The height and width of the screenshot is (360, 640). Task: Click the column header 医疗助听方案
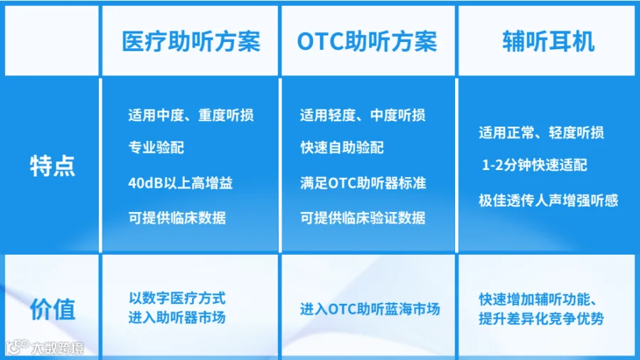(191, 42)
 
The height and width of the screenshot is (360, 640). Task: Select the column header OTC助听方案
(367, 42)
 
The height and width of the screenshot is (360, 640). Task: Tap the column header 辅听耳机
(548, 42)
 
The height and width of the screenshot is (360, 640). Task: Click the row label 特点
(52, 166)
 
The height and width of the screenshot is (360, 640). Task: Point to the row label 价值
(52, 309)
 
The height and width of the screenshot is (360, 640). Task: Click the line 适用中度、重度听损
(191, 115)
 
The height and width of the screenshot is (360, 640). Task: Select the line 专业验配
(156, 147)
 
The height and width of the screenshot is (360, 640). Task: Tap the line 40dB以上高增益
(181, 183)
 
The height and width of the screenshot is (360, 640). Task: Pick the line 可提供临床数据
(177, 218)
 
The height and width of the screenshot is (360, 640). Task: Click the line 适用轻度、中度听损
(363, 115)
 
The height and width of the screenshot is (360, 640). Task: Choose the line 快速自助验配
(342, 147)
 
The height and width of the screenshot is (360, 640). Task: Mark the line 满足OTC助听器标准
(363, 183)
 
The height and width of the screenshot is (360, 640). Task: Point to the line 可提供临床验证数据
(363, 218)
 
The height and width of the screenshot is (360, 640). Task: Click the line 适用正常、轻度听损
(541, 132)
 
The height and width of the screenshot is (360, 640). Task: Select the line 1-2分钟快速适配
(535, 165)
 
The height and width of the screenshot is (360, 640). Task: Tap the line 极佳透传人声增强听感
(548, 201)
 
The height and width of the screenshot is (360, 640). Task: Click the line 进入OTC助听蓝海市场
(370, 309)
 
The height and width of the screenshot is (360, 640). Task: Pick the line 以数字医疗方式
(177, 298)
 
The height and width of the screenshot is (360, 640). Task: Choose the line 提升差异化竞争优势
(541, 318)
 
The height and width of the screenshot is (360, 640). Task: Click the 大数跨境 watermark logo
(45, 348)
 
